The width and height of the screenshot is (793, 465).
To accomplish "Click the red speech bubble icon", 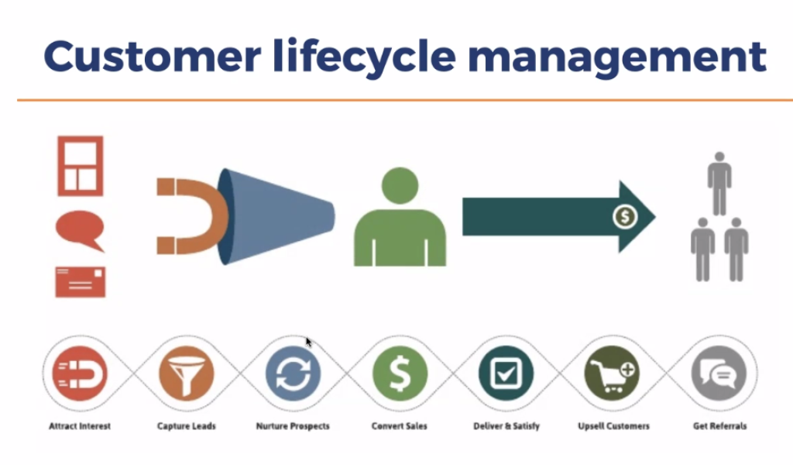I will (79, 230).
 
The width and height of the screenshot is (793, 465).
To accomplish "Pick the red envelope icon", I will (80, 282).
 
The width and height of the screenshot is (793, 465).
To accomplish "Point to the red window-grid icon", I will (80, 166).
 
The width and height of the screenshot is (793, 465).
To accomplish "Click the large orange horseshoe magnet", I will (190, 216).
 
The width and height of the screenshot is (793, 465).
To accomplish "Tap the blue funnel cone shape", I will (279, 215).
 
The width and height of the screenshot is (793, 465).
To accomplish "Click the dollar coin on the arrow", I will (624, 216).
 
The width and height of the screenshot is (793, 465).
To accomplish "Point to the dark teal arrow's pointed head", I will (638, 216).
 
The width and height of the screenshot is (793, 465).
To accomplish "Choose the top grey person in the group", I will (719, 182).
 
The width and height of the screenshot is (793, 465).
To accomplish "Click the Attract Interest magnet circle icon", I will (80, 374).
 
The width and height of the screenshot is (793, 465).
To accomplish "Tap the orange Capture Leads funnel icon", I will (186, 374).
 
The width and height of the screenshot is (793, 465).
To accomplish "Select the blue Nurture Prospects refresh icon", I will (293, 374).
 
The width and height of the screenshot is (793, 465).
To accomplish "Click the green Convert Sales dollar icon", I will (400, 374).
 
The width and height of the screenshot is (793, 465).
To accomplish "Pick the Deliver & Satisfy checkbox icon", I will (506, 374).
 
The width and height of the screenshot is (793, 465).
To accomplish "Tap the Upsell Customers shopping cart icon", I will (613, 374).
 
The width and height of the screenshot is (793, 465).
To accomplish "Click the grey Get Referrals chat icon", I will (719, 374).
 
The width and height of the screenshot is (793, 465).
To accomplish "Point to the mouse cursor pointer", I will (308, 341).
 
